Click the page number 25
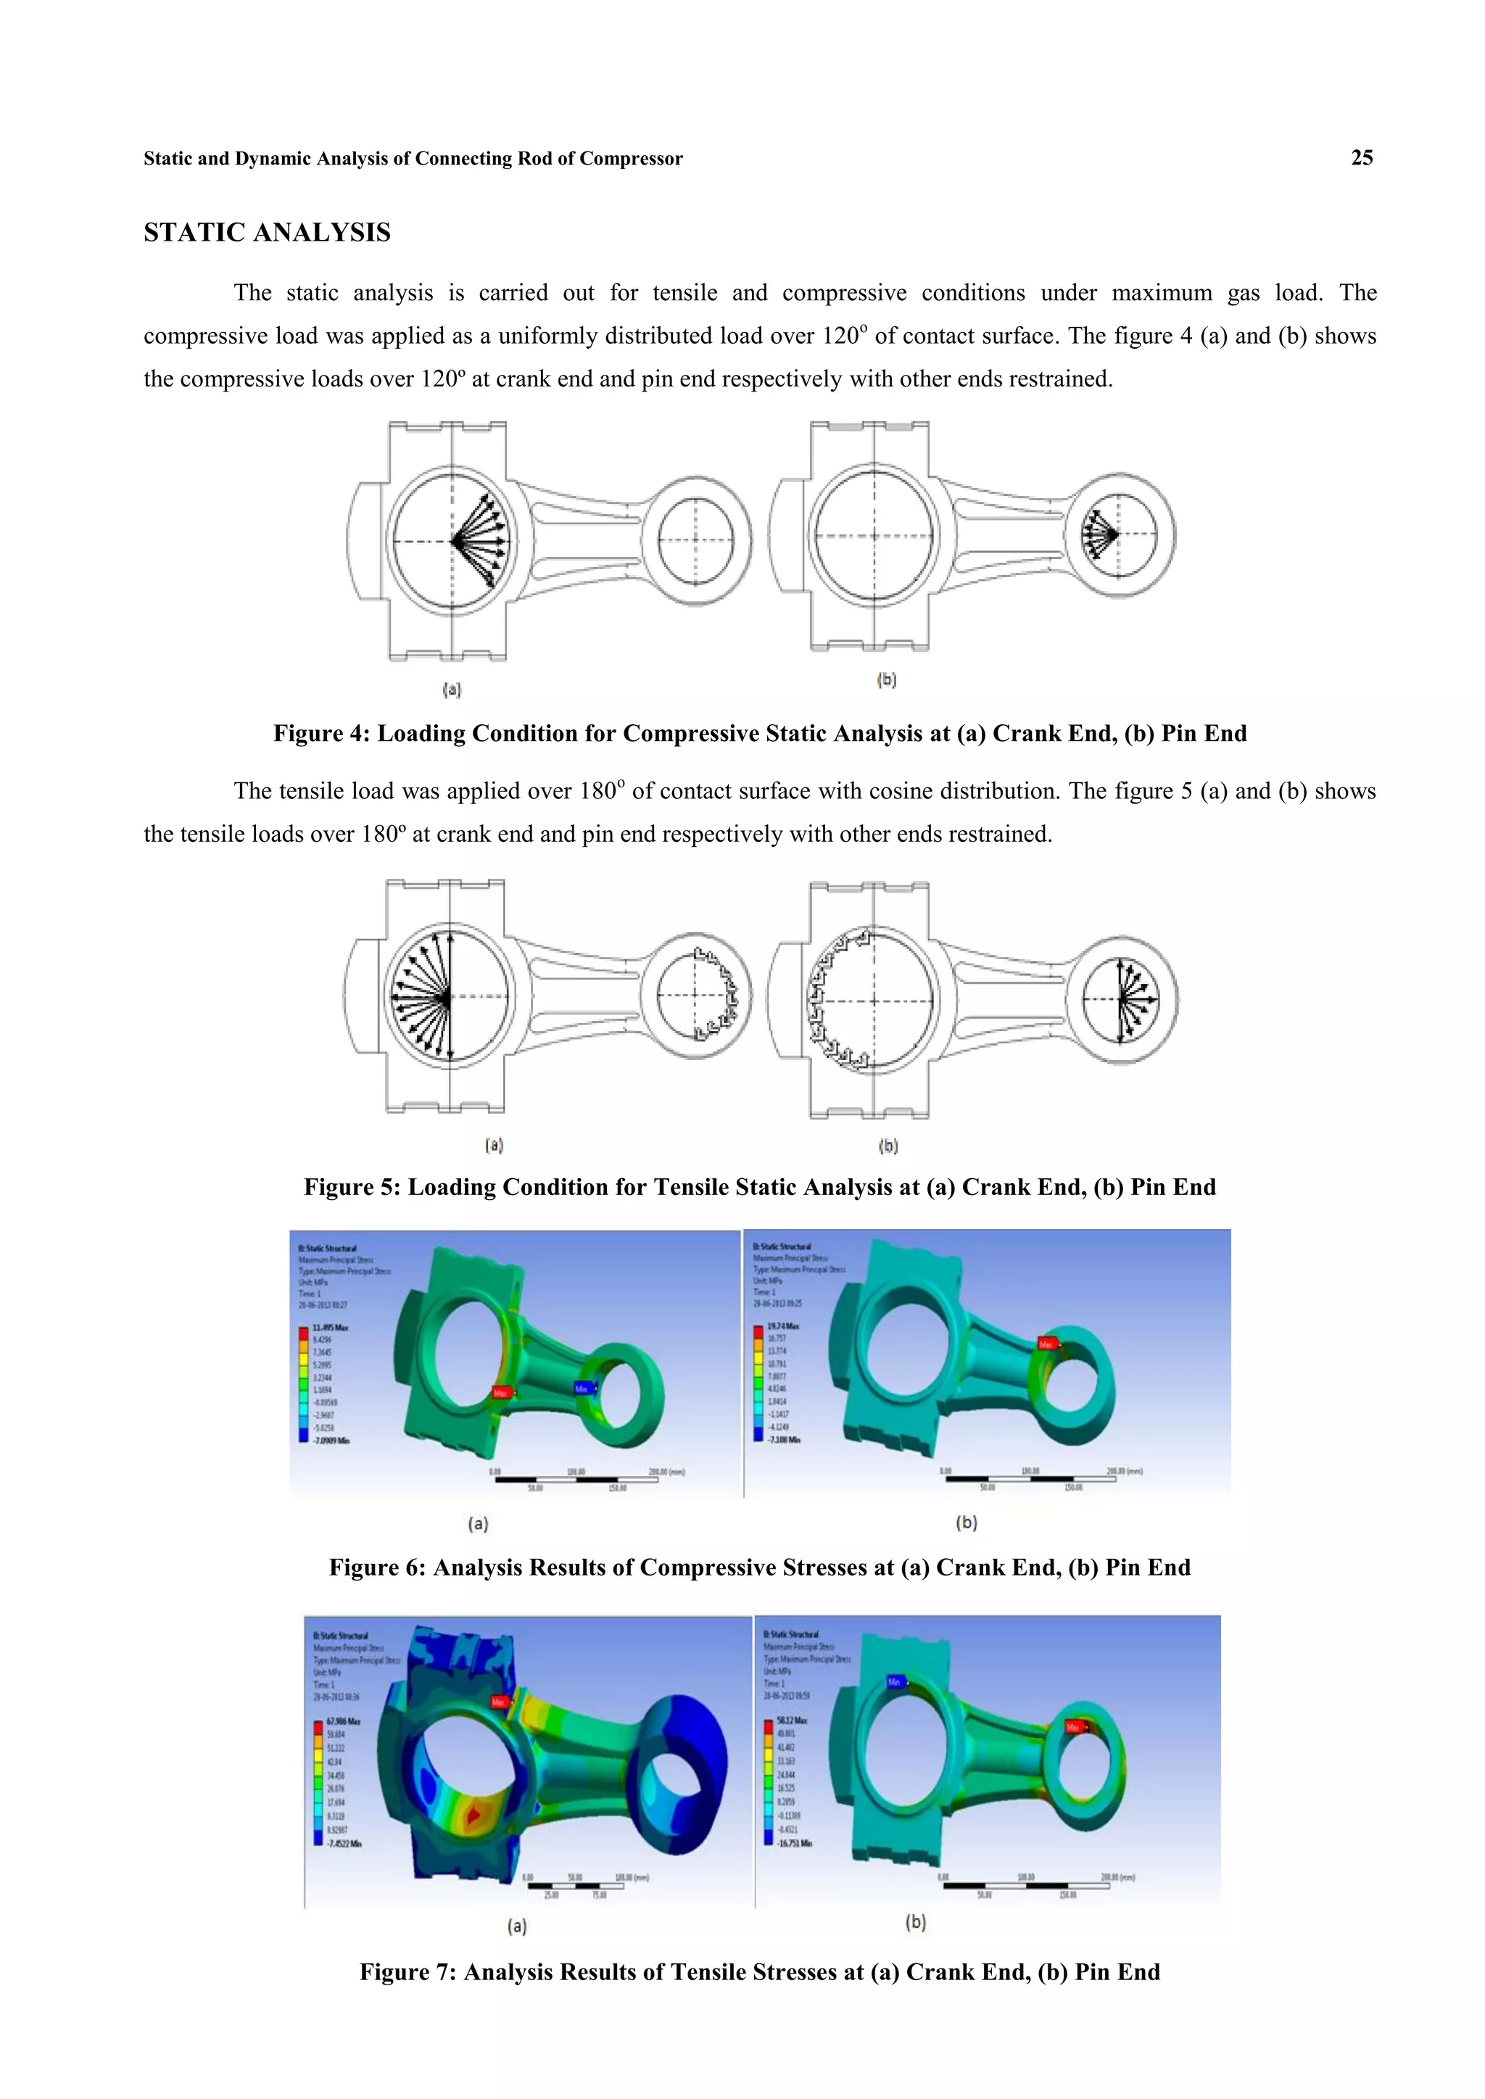pos(1362,157)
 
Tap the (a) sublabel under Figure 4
pos(452,690)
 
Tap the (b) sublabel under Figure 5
pos(888,1146)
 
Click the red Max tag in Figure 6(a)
pos(501,1392)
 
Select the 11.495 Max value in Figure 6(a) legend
pos(330,1328)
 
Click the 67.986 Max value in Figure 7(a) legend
pos(344,1721)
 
